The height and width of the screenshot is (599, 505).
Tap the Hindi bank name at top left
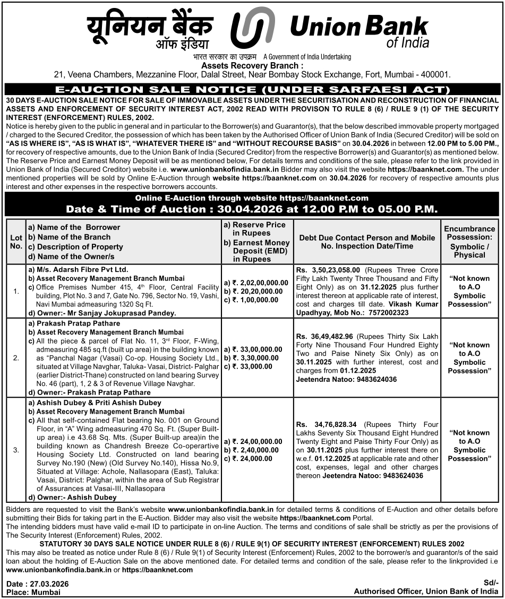(150, 30)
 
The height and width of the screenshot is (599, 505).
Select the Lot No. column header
(16, 242)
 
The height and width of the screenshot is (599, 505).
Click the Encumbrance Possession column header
(469, 242)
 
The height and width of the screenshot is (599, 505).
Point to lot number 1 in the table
(16, 291)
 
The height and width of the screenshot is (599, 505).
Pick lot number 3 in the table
(16, 450)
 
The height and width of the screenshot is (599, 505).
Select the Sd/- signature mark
(491, 583)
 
